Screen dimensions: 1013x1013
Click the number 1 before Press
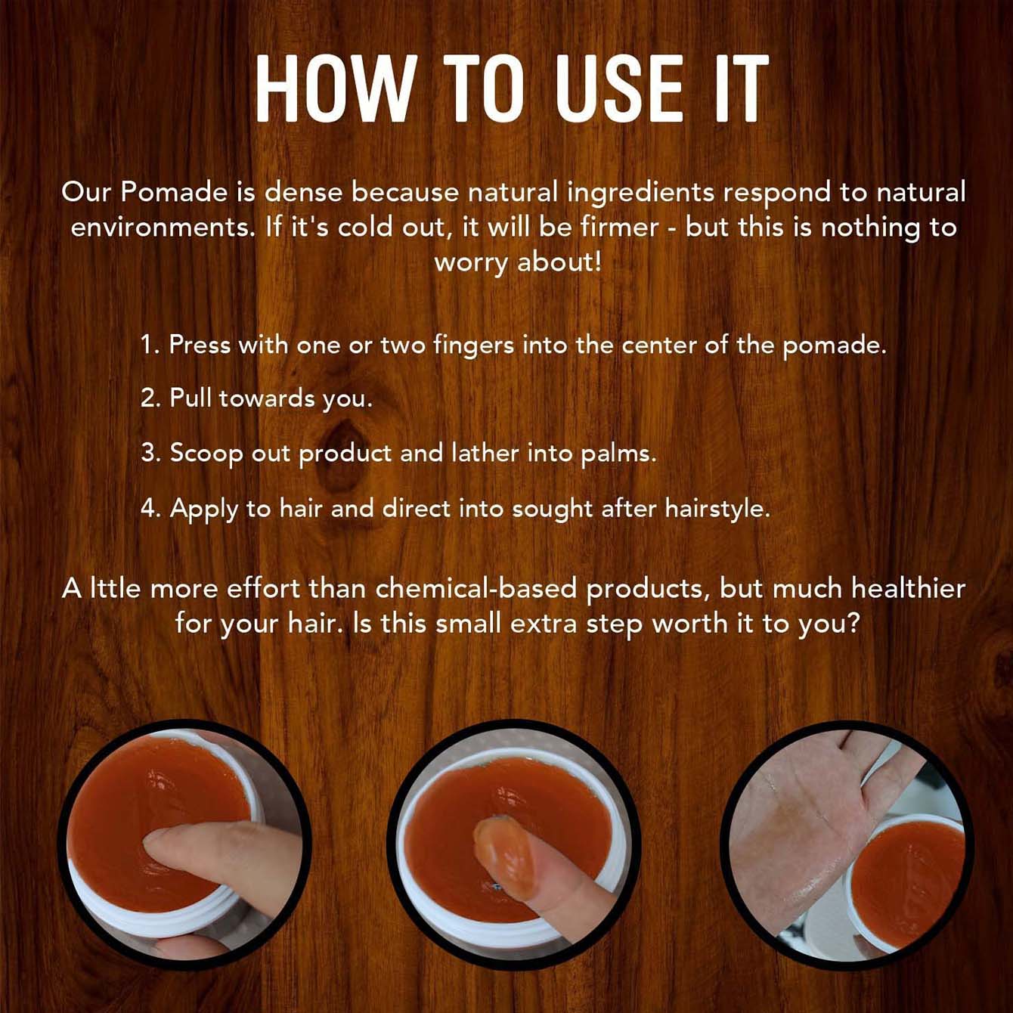tap(149, 345)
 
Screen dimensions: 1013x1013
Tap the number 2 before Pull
tap(149, 398)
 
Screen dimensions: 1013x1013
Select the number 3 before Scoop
tap(149, 454)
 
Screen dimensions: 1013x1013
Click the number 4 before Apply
tap(149, 508)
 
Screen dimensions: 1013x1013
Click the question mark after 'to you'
tap(854, 624)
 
